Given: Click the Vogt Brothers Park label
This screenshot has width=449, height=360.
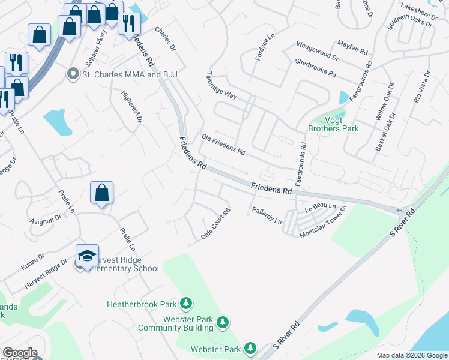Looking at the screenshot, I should click(x=333, y=124).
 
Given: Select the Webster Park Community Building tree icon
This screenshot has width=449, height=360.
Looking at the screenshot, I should click(x=223, y=322).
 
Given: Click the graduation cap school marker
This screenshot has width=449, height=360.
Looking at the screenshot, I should click(x=87, y=255).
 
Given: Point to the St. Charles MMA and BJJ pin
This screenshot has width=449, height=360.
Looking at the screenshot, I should click(x=73, y=74).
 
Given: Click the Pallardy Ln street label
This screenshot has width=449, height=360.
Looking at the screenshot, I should click(x=266, y=217).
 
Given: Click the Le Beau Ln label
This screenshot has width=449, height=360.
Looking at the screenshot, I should click(x=319, y=206).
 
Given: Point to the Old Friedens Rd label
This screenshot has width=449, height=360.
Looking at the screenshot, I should click(x=223, y=144).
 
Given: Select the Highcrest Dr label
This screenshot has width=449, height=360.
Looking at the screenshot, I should click(x=131, y=107).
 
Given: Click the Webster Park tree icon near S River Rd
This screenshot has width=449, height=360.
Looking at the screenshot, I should click(x=250, y=347).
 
